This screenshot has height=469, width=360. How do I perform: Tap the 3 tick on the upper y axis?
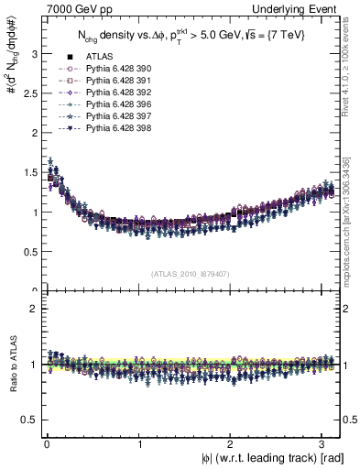click(34, 54)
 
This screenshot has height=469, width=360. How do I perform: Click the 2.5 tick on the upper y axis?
click(30, 93)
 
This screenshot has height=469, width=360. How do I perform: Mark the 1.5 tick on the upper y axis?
click(30, 173)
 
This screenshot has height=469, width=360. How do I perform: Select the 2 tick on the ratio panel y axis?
click(34, 309)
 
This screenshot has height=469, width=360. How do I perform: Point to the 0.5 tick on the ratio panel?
click(30, 420)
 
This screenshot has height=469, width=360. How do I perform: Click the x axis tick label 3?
click(324, 443)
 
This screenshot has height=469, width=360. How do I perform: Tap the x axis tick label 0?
click(46, 443)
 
